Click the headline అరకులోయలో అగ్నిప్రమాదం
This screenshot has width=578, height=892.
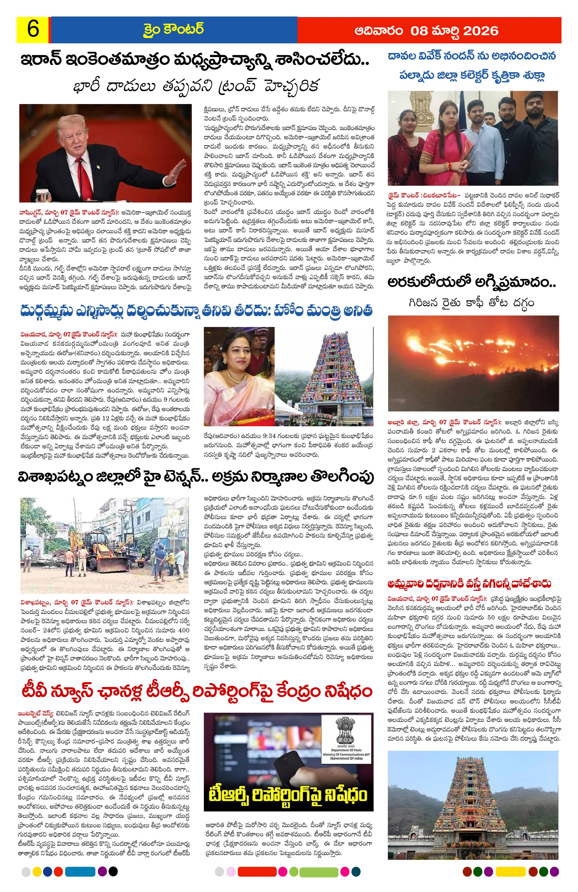click(x=472, y=282)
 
